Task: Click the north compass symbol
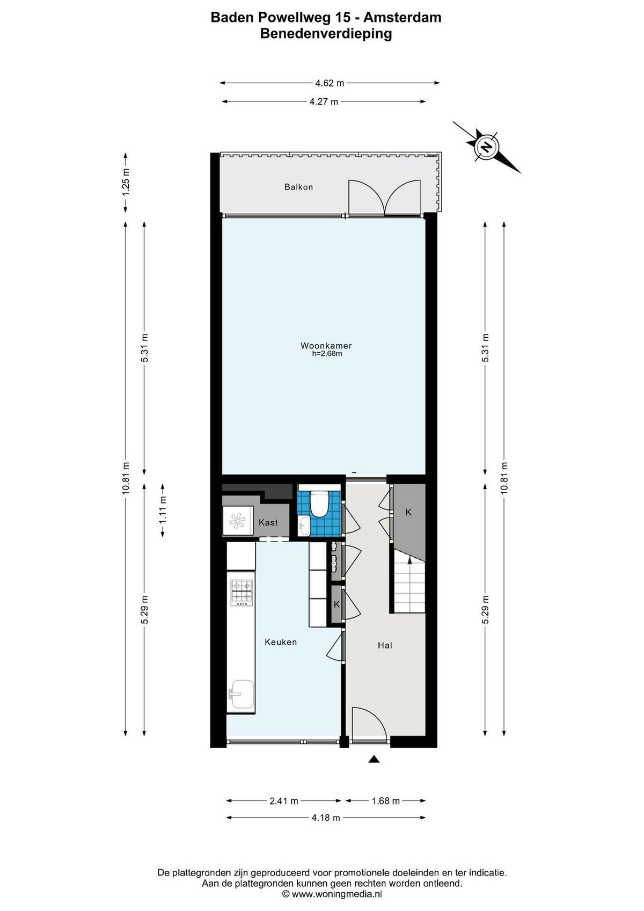[486, 147]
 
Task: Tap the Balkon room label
[298, 187]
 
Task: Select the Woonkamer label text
[326, 346]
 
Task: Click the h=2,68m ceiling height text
[327, 354]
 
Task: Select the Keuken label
[280, 642]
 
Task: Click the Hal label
[385, 645]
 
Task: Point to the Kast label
[268, 522]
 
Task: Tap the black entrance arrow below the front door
[374, 759]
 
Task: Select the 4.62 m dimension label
[330, 83]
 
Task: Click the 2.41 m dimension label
[283, 801]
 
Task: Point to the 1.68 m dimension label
[385, 801]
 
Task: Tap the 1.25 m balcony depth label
[126, 182]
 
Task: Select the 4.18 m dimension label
[326, 818]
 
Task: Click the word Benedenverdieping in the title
[326, 34]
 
